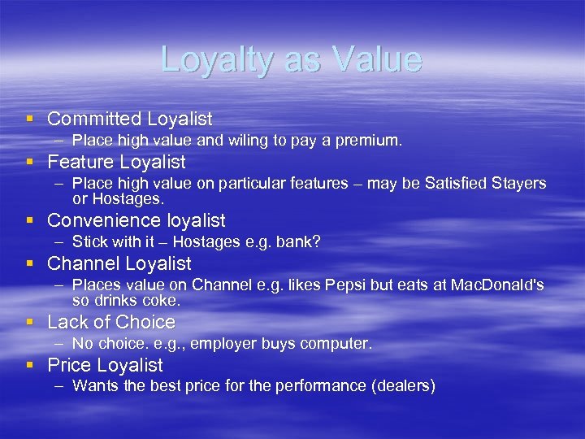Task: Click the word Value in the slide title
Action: pyautogui.click(x=377, y=60)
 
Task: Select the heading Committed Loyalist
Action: pyautogui.click(x=129, y=119)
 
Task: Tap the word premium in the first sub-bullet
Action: pyautogui.click(x=367, y=141)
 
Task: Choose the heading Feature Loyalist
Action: pyautogui.click(x=116, y=162)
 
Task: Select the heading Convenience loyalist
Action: pyautogui.click(x=136, y=220)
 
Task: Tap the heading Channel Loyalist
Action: pyautogui.click(x=119, y=263)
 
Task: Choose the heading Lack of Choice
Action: pyautogui.click(x=111, y=322)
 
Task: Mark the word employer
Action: pyautogui.click(x=221, y=344)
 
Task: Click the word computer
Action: pyautogui.click(x=336, y=344)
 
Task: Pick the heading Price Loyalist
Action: pyautogui.click(x=105, y=365)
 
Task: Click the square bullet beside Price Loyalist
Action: pyautogui.click(x=30, y=365)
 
